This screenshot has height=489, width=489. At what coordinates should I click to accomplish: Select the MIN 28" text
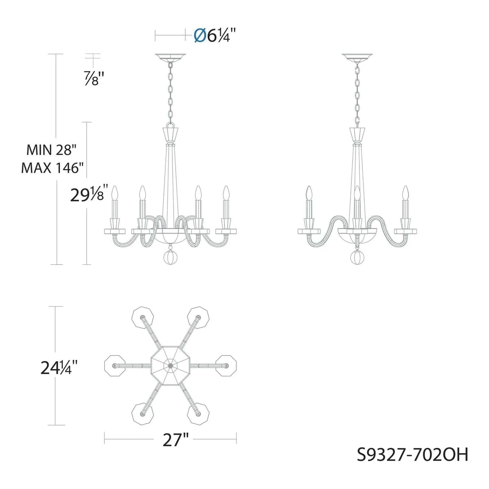coord(52,150)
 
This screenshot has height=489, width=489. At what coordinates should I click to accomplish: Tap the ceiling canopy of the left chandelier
coord(170,57)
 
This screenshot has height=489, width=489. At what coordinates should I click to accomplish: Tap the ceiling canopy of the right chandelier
coord(357,57)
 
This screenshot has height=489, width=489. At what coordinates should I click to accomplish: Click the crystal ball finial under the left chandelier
coord(170,258)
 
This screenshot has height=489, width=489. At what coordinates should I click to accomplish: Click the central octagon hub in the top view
coord(170,366)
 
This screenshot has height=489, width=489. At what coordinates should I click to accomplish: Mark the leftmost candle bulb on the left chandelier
coord(115,193)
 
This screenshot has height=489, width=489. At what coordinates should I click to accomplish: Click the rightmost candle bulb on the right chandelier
coord(405,193)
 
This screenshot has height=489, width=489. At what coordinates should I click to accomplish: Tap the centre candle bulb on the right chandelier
coord(357,193)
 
